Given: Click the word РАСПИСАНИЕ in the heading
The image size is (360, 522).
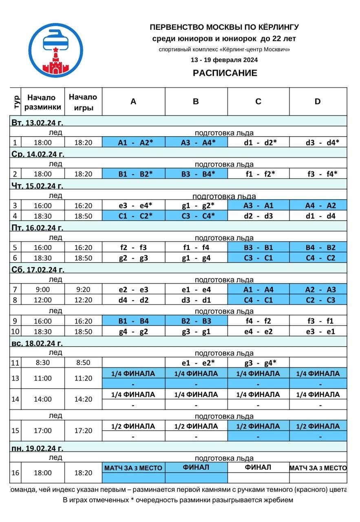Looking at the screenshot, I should [x=225, y=73].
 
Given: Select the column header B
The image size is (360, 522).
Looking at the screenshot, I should [x=196, y=102].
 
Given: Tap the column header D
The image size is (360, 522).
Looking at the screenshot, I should [x=318, y=102].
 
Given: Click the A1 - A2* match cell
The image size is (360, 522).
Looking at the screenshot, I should [x=133, y=142].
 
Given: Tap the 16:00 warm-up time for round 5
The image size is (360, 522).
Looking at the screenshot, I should [x=43, y=248].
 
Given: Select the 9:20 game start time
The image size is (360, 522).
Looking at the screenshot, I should [x=83, y=290].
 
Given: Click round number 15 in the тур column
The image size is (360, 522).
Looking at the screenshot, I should [x=15, y=431].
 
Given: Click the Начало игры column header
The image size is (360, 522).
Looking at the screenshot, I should [x=83, y=102].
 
